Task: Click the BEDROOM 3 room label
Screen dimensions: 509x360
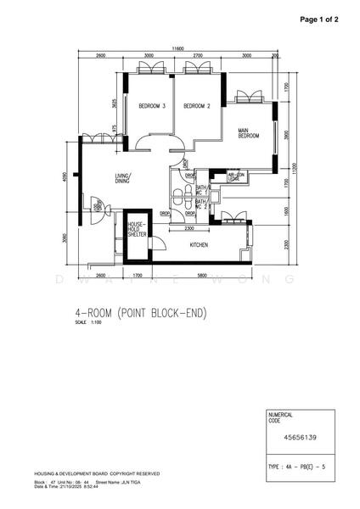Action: point(151,106)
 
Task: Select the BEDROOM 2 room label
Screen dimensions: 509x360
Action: point(196,106)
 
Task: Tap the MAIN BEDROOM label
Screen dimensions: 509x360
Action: point(249,133)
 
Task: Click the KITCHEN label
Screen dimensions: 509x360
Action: point(200,244)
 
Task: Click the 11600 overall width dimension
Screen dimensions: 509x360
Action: point(176,48)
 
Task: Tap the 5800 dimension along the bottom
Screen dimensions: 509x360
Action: point(200,277)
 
